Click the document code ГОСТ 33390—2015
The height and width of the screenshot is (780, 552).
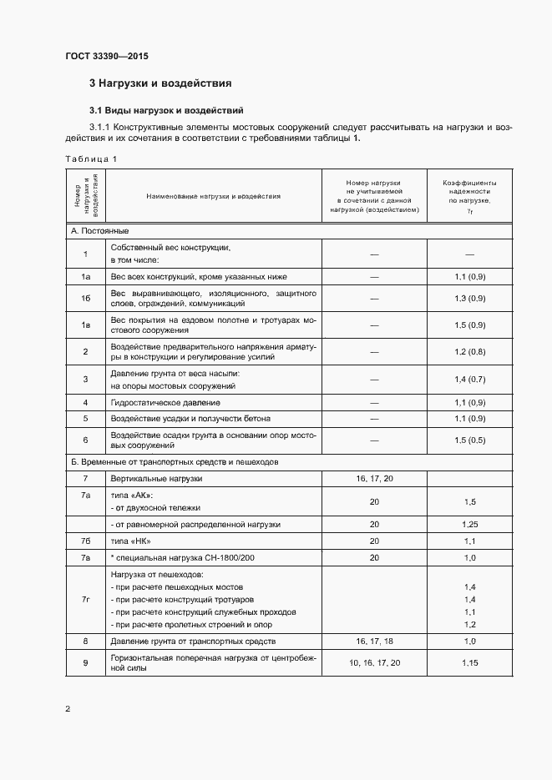108,57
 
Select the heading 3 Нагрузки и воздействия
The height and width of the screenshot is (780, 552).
160,83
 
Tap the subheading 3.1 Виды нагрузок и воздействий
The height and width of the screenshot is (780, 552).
166,109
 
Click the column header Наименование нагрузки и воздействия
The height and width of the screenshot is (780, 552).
213,197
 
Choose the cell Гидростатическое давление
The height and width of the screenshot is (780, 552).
160,402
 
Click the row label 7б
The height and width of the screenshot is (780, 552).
85,541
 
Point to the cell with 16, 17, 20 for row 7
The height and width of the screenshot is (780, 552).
373,479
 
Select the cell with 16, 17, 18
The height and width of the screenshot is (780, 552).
373,642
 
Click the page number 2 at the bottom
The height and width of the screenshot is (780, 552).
68,709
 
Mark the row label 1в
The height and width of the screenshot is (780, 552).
85,325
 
